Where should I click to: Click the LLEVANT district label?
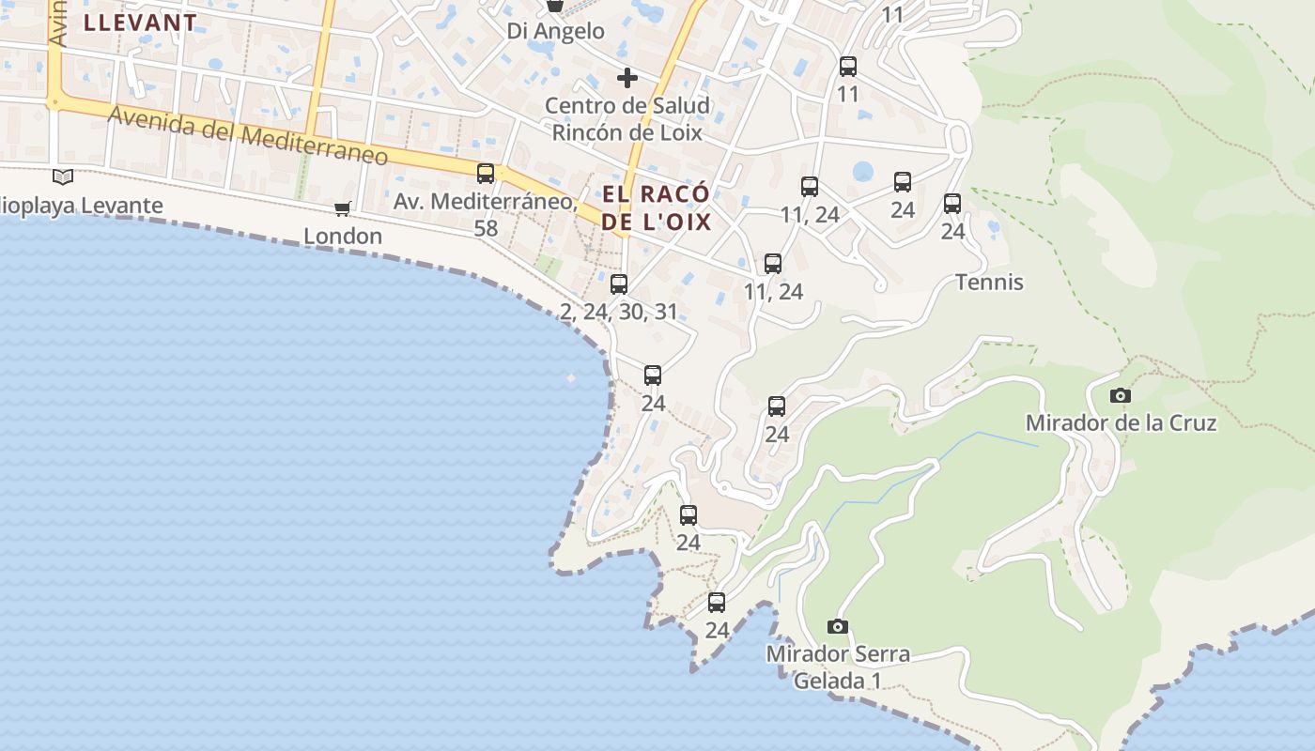pyautogui.click(x=140, y=23)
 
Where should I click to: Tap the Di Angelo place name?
pyautogui.click(x=556, y=31)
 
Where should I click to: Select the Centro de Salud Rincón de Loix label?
pyautogui.click(x=627, y=119)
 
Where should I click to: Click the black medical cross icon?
pyautogui.click(x=627, y=78)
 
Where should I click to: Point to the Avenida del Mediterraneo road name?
pyautogui.click(x=248, y=136)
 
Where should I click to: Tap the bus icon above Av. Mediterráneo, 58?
pyautogui.click(x=486, y=173)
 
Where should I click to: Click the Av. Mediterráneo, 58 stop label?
pyautogui.click(x=485, y=214)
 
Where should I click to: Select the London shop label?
pyautogui.click(x=343, y=236)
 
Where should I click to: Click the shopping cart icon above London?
pyautogui.click(x=343, y=208)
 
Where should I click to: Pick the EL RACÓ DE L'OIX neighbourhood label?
pyautogui.click(x=656, y=208)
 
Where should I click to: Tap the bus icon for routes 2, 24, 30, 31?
pyautogui.click(x=619, y=284)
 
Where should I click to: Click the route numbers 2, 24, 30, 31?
pyautogui.click(x=619, y=312)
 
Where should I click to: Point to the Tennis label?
pyautogui.click(x=989, y=283)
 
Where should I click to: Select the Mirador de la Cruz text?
pyautogui.click(x=1121, y=422)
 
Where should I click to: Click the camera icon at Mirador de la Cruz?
pyautogui.click(x=1121, y=395)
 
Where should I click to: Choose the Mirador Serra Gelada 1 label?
pyautogui.click(x=838, y=667)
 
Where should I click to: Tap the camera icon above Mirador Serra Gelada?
pyautogui.click(x=838, y=626)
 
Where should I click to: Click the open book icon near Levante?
pyautogui.click(x=63, y=176)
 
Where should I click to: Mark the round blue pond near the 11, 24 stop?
pyautogui.click(x=862, y=172)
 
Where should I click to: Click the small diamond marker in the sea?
pyautogui.click(x=571, y=378)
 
